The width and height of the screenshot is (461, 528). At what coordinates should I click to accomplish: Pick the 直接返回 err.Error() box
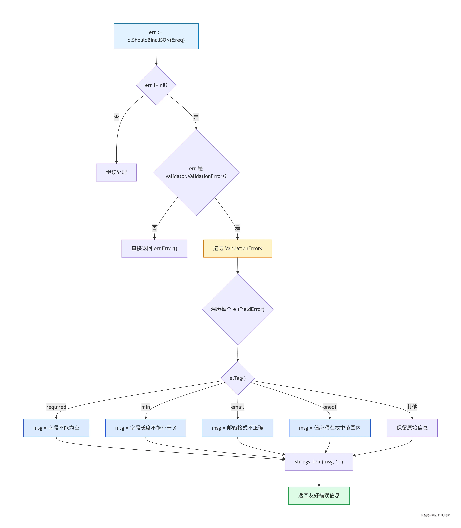(x=154, y=248)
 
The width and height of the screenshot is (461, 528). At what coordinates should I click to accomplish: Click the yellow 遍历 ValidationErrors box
(x=237, y=248)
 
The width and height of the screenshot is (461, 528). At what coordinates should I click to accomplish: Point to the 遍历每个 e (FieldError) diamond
(x=238, y=309)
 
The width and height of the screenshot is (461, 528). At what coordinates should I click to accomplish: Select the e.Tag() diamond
(x=238, y=378)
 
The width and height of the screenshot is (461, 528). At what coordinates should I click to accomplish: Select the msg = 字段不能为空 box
(x=56, y=428)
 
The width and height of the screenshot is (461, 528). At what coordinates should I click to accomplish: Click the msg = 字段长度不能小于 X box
(x=146, y=428)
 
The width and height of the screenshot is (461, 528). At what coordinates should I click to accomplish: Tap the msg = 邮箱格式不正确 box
(x=237, y=428)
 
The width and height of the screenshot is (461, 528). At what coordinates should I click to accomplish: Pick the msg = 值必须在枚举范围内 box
(x=330, y=428)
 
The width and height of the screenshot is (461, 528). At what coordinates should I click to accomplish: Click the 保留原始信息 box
(x=412, y=428)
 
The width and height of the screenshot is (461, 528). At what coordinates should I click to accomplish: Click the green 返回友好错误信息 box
(x=319, y=496)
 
